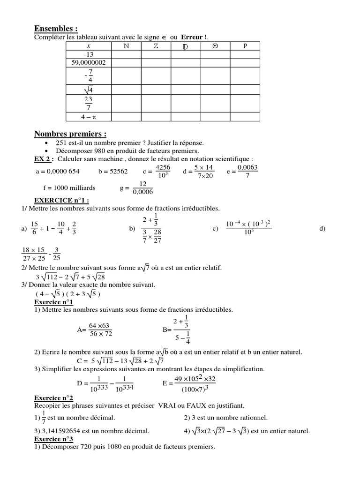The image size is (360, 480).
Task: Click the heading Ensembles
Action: click(x=56, y=29)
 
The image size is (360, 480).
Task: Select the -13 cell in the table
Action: click(x=88, y=54)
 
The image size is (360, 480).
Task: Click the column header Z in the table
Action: click(x=156, y=46)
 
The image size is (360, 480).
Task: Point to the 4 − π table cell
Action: click(x=88, y=116)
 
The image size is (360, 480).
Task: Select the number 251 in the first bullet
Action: click(x=62, y=142)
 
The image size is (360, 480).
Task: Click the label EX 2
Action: click(x=42, y=158)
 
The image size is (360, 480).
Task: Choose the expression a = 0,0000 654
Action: click(x=57, y=172)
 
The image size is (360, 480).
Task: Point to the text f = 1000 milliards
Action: click(x=69, y=188)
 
